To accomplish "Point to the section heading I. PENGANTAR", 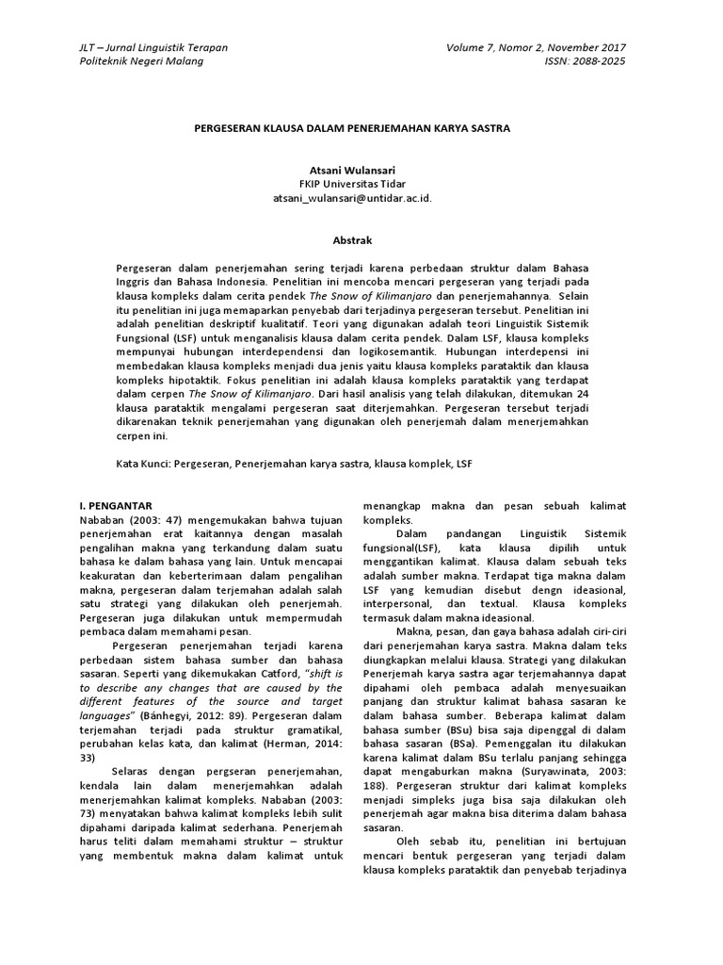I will [118, 506].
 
